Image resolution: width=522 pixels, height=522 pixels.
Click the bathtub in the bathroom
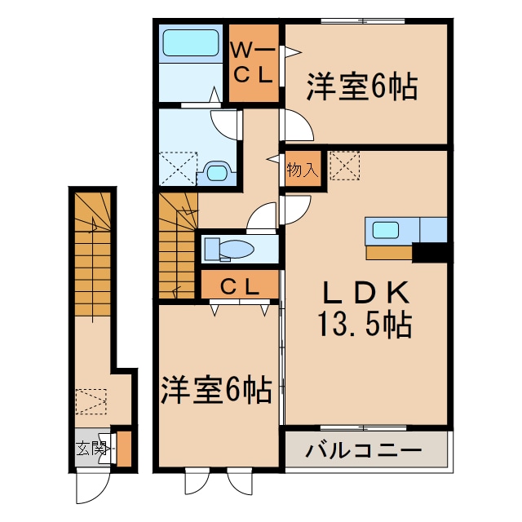pos(190,42)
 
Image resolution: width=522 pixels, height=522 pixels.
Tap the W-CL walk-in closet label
pos(253,63)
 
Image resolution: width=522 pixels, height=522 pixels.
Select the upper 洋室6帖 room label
pos(362,87)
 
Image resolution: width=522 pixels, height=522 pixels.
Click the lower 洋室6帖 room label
pos(216,391)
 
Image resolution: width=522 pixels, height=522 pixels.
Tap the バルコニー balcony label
pos(364,450)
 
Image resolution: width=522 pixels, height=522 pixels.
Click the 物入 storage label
pos(302,170)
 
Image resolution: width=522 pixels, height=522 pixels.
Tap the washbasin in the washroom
pos(217,172)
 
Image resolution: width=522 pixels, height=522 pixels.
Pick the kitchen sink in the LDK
pos(386,230)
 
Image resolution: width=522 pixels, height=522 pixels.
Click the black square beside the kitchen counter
pos(431,253)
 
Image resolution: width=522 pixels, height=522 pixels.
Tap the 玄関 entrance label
pos(92,447)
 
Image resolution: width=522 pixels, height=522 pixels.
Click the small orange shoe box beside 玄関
pos(125,448)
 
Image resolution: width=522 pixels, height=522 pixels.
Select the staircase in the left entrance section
pos(95,253)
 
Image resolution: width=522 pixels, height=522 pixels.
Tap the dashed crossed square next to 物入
pos(343,166)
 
